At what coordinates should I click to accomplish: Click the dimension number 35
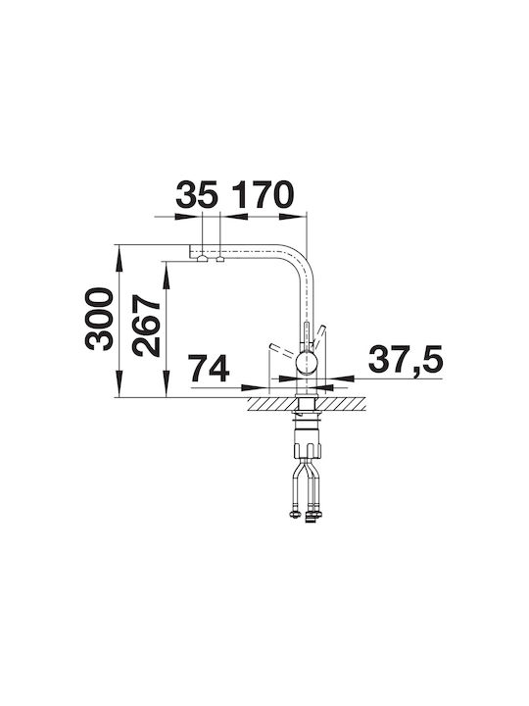pyautogui.click(x=197, y=195)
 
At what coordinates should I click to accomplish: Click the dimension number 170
pyautogui.click(x=263, y=195)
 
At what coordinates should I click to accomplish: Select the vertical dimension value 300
pyautogui.click(x=99, y=319)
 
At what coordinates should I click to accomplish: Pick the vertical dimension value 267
pyautogui.click(x=146, y=327)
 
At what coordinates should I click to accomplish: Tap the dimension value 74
pyautogui.click(x=209, y=368)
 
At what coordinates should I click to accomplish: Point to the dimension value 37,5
pyautogui.click(x=406, y=360)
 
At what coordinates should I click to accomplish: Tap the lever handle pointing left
pyautogui.click(x=282, y=349)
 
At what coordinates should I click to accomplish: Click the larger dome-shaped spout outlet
pyautogui.click(x=203, y=259)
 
